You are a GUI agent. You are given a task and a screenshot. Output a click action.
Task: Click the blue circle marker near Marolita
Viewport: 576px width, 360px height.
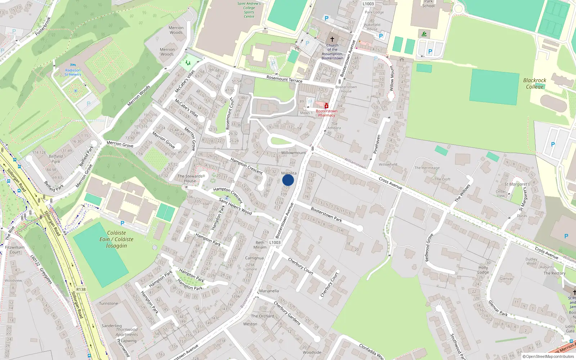288,180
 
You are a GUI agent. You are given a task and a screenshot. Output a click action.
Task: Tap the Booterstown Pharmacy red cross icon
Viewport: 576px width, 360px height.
327,106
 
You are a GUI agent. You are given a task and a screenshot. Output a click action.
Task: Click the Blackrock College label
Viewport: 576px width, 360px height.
535,84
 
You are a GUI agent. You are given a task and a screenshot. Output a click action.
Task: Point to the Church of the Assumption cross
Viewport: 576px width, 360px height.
332,39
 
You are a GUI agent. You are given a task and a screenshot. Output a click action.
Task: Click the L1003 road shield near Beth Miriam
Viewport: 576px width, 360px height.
275,242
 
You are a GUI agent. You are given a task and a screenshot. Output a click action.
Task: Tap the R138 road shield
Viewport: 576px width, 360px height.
81,289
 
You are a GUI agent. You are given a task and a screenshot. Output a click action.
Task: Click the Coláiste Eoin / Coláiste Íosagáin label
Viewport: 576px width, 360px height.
117,239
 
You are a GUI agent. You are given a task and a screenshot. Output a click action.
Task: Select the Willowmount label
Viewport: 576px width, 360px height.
293,153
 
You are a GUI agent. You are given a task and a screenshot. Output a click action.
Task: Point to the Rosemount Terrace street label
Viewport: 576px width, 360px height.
284,79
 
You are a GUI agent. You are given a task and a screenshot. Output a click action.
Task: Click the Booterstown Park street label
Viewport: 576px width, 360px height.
326,215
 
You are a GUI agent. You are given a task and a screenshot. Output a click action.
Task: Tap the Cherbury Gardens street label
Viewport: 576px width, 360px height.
287,313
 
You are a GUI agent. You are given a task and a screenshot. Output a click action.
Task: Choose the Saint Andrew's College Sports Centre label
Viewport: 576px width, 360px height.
249,10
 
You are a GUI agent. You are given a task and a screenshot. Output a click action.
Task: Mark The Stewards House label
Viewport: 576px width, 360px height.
190,179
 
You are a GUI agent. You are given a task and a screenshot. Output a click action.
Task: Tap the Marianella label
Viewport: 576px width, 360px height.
269,291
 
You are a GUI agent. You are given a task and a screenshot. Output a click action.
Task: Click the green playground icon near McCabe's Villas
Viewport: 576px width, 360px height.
188,63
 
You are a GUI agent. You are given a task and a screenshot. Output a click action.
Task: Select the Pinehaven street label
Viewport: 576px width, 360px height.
377,144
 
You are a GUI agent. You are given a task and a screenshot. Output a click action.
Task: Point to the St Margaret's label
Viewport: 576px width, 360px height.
517,184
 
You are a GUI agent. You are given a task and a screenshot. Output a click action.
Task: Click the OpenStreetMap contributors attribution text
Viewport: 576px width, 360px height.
550,356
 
